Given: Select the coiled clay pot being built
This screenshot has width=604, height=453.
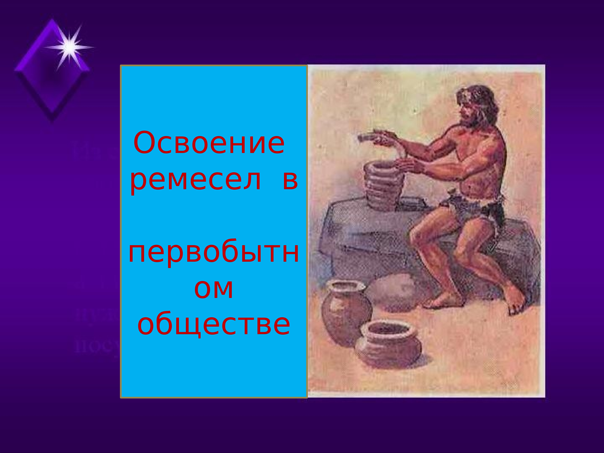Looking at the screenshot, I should (384, 186).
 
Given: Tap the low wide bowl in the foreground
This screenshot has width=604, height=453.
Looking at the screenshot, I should (388, 344).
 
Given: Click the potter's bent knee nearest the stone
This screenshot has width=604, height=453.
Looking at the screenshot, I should (418, 232).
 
